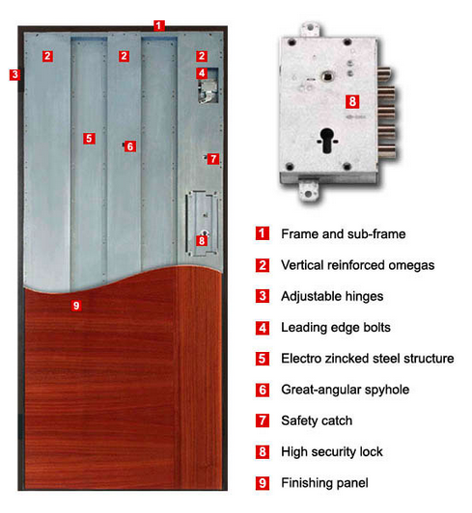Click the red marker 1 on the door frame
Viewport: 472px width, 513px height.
pyautogui.click(x=159, y=25)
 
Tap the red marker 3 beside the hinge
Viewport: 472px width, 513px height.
pyautogui.click(x=14, y=74)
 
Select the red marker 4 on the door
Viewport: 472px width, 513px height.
pyautogui.click(x=202, y=73)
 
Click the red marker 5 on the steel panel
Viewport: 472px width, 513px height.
pyautogui.click(x=89, y=139)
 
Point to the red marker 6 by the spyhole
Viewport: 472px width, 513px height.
pyautogui.click(x=130, y=147)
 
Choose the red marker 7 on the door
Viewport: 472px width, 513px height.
pyautogui.click(x=213, y=159)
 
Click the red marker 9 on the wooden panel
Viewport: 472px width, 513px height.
pyautogui.click(x=76, y=306)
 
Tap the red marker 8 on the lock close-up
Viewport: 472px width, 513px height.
pyautogui.click(x=352, y=101)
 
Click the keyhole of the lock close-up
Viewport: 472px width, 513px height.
pyautogui.click(x=327, y=141)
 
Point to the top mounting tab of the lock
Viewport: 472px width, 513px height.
pyautogui.click(x=310, y=30)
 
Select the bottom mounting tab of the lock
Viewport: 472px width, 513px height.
pyautogui.click(x=308, y=190)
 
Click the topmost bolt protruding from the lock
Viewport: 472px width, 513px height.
pyautogui.click(x=385, y=74)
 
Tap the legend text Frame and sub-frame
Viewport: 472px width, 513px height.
pyautogui.click(x=344, y=234)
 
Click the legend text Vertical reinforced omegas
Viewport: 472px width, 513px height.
pyautogui.click(x=358, y=265)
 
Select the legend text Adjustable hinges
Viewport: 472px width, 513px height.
pyautogui.click(x=332, y=296)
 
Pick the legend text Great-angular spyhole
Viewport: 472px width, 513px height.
pyautogui.click(x=346, y=390)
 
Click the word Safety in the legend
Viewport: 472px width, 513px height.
pyautogui.click(x=299, y=420)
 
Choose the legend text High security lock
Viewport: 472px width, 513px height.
pyautogui.click(x=332, y=452)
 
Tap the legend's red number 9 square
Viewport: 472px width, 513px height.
pyautogui.click(x=263, y=483)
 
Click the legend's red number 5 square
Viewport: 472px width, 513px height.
pyautogui.click(x=263, y=359)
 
